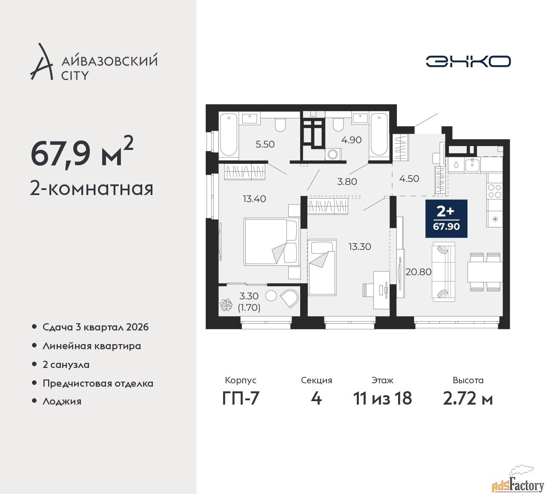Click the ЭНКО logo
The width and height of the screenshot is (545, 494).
coord(468,61)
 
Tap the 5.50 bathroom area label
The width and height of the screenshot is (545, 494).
coord(265,144)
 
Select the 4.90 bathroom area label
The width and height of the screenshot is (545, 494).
coord(351,140)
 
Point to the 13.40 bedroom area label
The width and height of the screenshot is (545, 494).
coord(254,199)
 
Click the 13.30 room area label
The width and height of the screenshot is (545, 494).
coord(360,247)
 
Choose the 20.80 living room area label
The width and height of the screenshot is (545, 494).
coord(419,272)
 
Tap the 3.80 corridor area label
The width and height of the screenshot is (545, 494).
coord(347,181)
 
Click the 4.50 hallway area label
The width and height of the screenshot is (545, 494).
coord(409,179)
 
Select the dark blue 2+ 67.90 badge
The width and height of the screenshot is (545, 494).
coord(446,219)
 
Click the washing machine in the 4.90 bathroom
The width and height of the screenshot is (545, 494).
coord(333,154)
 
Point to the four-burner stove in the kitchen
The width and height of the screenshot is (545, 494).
coord(494,191)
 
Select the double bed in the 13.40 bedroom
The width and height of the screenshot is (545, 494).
coord(272,241)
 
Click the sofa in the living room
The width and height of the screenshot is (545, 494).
coord(443,272)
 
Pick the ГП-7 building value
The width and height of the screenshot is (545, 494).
coord(241,398)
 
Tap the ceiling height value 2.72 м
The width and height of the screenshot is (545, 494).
coord(468,398)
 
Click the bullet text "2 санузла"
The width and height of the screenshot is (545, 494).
coord(66,365)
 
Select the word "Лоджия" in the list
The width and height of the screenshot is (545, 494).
coord(62,401)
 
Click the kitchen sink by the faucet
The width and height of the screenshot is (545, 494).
coord(472,165)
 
